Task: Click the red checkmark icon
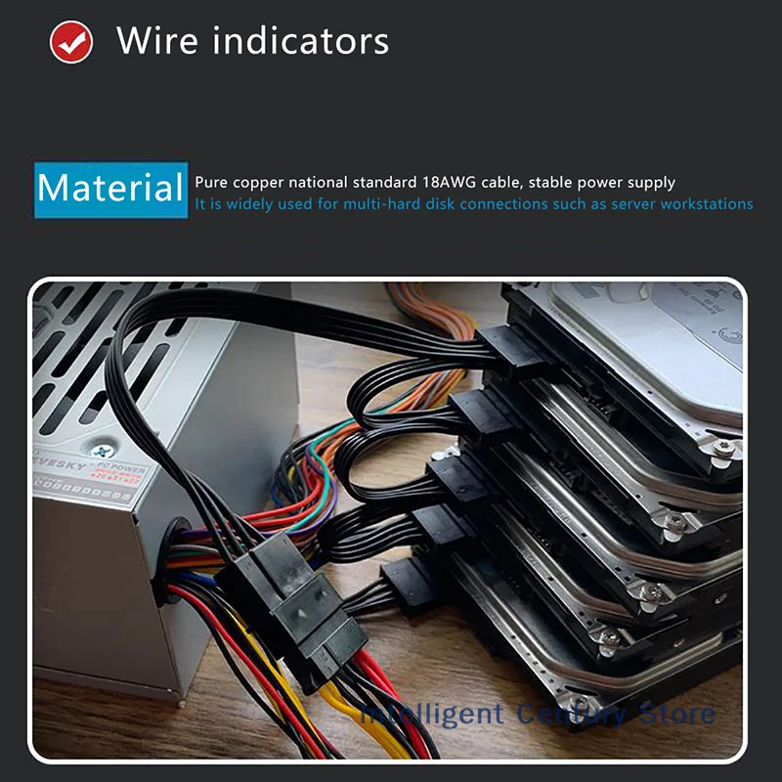pos(71,43)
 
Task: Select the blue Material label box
pos(111,189)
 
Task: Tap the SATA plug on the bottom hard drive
pos(407,584)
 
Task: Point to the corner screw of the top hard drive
pos(722,448)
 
